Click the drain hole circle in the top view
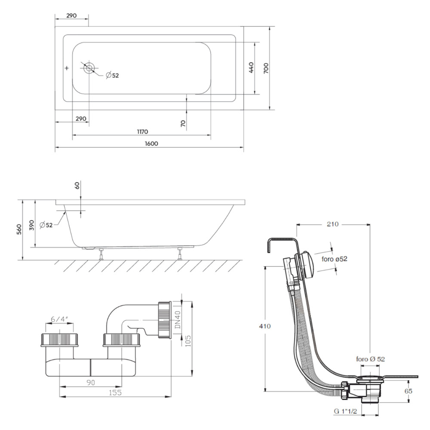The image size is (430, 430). pyautogui.click(x=89, y=68)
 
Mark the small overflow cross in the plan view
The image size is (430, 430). pyautogui.click(x=67, y=68)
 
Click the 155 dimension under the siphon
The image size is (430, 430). pyautogui.click(x=115, y=392)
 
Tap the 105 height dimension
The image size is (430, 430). pyautogui.click(x=188, y=341)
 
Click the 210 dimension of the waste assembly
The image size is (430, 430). pyautogui.click(x=332, y=224)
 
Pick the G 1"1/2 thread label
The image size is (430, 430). pyautogui.click(x=346, y=411)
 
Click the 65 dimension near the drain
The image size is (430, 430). pyautogui.click(x=408, y=392)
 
